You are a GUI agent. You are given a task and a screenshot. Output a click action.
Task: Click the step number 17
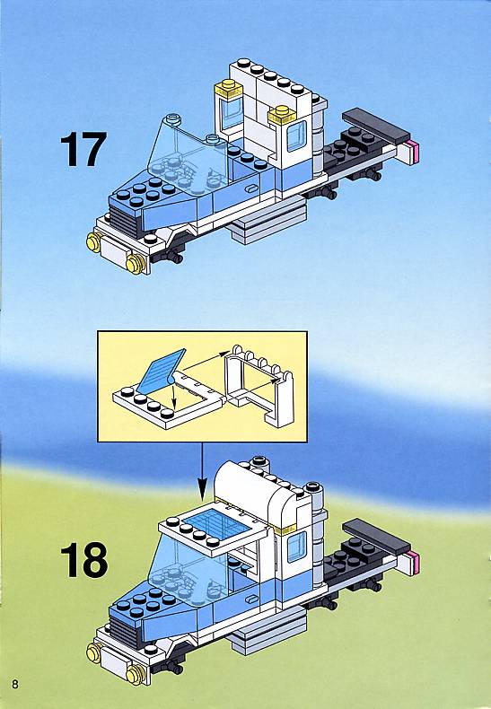coord(83,149)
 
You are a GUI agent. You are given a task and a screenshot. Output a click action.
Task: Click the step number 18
coord(84,560)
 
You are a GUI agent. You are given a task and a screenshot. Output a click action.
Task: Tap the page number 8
coord(15,684)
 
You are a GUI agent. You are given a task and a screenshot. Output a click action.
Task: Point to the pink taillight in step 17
coord(413,153)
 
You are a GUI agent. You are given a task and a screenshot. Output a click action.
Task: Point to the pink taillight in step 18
coord(412,563)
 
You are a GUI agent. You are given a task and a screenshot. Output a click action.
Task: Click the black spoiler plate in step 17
coord(376,126)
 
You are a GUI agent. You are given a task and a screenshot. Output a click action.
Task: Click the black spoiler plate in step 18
coord(376,537)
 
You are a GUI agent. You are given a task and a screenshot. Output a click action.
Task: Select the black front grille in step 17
coord(124,220)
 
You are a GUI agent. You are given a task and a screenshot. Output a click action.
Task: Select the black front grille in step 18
coord(124,631)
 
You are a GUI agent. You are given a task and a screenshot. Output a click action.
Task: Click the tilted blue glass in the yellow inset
coord(161,371)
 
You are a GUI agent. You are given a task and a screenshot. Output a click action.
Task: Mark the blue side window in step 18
coord(296,547)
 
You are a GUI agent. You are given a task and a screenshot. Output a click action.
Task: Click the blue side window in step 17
coord(296,136)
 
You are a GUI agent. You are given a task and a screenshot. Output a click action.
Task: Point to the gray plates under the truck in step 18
coord(267,631)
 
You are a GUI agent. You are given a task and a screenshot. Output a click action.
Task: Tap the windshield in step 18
coord(190,572)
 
